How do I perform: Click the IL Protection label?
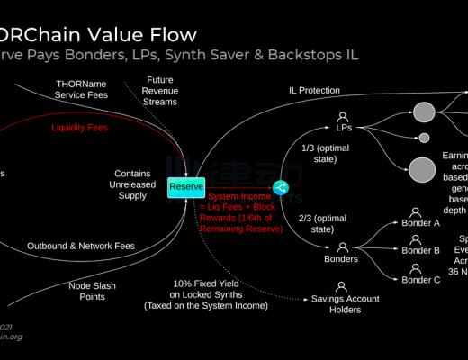click(x=314, y=90)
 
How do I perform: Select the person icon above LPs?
click(x=343, y=117)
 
